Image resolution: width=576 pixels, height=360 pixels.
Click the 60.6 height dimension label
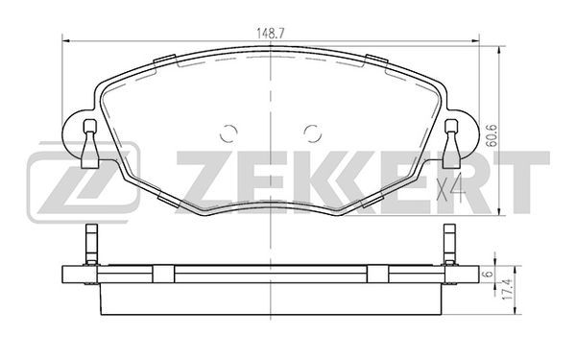[492, 135]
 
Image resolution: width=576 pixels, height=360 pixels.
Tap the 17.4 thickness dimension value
[506, 290]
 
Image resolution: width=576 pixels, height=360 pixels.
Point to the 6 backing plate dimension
[489, 274]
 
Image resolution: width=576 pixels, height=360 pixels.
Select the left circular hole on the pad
[228, 133]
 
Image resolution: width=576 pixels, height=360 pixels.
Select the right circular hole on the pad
[313, 133]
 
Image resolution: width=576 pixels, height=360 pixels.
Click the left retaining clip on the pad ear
[90, 144]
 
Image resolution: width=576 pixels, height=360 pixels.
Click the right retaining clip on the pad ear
[451, 144]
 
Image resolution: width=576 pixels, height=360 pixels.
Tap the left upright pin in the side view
[91, 244]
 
